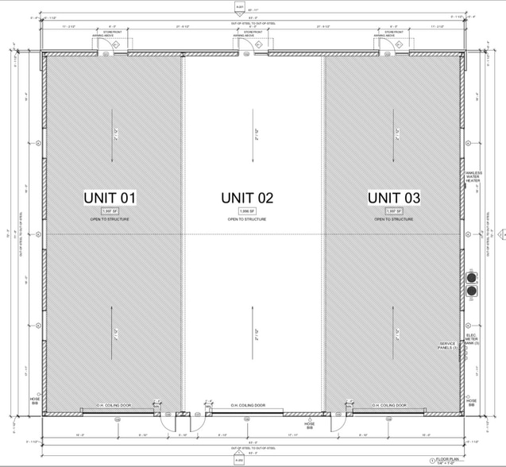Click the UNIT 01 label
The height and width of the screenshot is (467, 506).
pyautogui.click(x=110, y=197)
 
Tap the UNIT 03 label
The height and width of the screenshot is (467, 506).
pyautogui.click(x=393, y=197)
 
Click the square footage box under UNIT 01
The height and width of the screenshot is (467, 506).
pyautogui.click(x=110, y=211)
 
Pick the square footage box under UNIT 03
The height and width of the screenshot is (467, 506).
pyautogui.click(x=393, y=211)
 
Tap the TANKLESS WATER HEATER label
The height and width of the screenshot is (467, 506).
pyautogui.click(x=473, y=176)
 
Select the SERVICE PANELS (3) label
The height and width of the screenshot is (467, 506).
pyautogui.click(x=449, y=346)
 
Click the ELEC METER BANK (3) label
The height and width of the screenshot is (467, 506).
pyautogui.click(x=473, y=340)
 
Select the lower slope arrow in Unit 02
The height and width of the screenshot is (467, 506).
pyautogui.click(x=256, y=326)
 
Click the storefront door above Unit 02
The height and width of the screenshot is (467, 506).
pyautogui.click(x=253, y=46)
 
